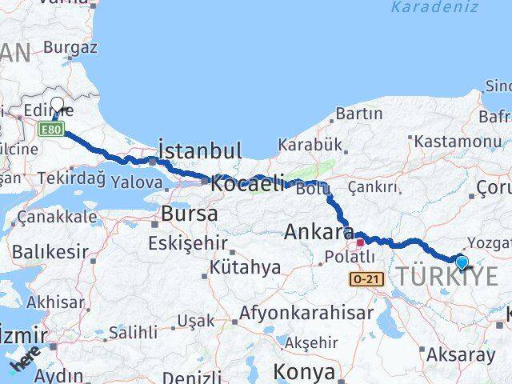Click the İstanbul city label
pos(199,150)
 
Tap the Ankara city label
pos(319,233)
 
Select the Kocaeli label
pos(247,183)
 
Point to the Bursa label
pos(190,214)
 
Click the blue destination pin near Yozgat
pos(462,261)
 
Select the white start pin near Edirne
pos(58,104)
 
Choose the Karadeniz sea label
pos(434,8)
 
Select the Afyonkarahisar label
pos(309,313)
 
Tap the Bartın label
pos(359,114)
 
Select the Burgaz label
pos(70,47)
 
